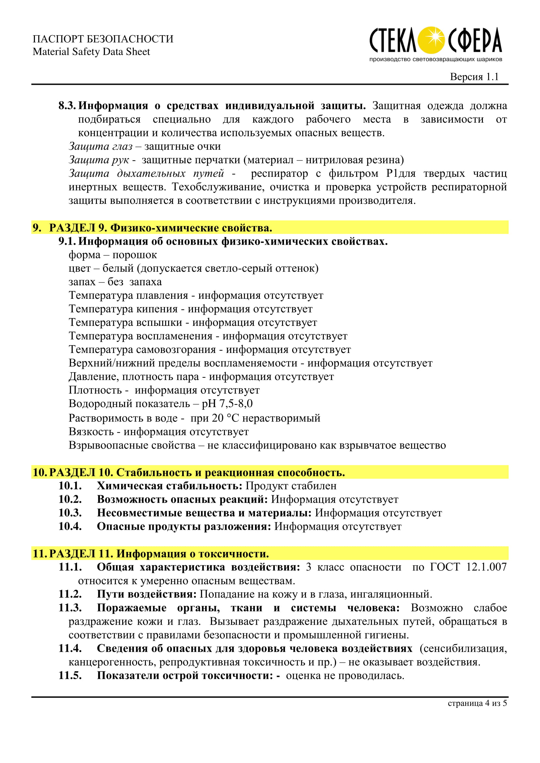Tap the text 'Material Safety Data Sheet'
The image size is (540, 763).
point(91,52)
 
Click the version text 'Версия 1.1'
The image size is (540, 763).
point(474,77)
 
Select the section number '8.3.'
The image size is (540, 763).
point(67,106)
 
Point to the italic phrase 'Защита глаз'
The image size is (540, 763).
point(101,146)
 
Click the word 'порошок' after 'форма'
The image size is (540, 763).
point(135,255)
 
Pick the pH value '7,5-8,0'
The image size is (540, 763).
point(236,404)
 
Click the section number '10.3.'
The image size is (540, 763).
point(70,513)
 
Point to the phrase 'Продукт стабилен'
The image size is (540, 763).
point(291,486)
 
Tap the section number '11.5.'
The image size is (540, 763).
point(70,676)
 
